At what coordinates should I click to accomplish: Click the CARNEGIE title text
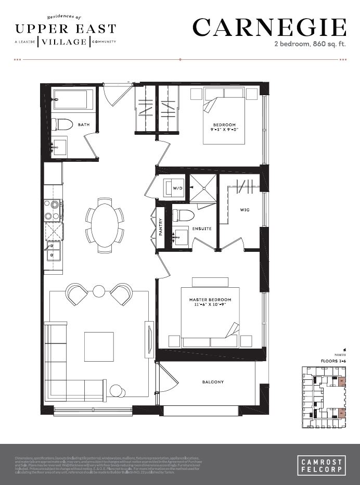[269, 28]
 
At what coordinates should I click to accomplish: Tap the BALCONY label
[213, 382]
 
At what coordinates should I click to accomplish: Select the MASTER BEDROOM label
[210, 300]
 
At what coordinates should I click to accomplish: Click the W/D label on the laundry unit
[178, 189]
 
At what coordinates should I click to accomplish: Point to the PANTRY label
[161, 227]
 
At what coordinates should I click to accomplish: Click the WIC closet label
[245, 210]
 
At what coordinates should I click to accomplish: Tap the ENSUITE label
[201, 228]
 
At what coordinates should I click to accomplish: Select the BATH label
[83, 125]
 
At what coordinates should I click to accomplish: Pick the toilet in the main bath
[61, 124]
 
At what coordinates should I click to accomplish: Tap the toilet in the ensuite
[183, 215]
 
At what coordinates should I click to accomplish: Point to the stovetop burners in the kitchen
[53, 210]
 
